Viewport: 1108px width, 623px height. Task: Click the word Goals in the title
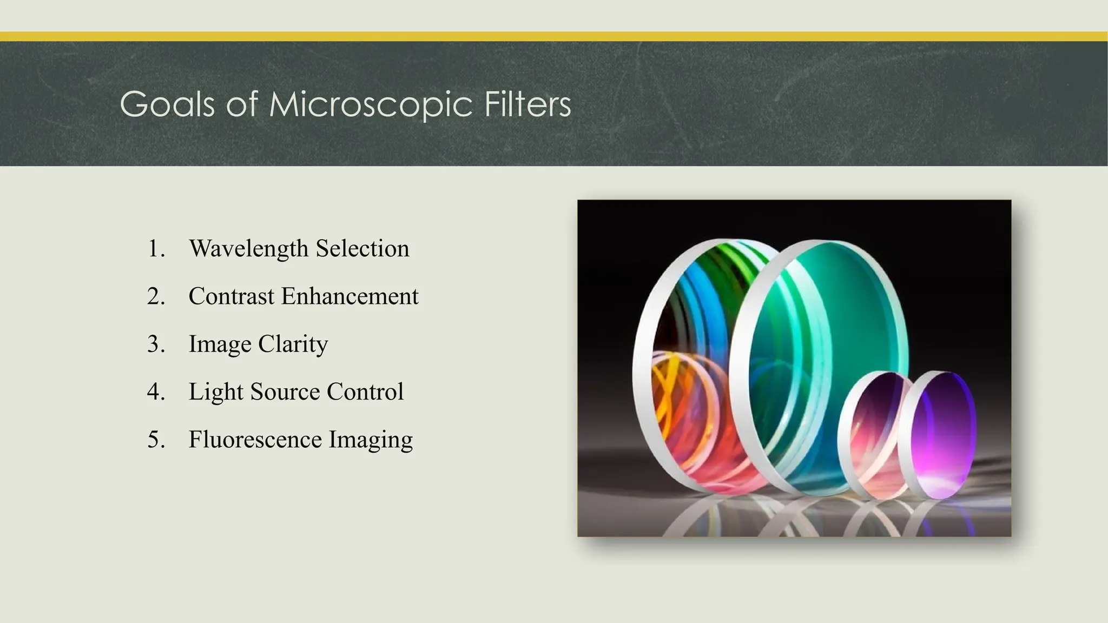click(x=167, y=104)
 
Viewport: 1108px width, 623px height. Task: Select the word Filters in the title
click(x=527, y=104)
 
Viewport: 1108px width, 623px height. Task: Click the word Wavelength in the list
click(x=248, y=249)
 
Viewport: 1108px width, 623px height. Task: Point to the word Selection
click(x=362, y=249)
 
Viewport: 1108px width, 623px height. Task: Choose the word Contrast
click(x=231, y=296)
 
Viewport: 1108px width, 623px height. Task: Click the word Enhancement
click(x=349, y=296)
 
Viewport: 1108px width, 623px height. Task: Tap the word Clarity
click(x=293, y=344)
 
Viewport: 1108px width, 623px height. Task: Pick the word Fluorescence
click(x=255, y=439)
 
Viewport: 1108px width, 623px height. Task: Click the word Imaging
click(x=371, y=439)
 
